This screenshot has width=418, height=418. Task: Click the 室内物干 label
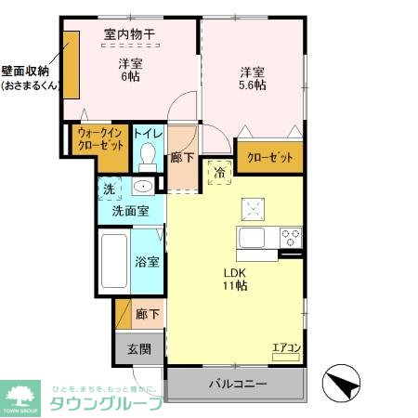(129, 35)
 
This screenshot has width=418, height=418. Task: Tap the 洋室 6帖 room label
(130, 72)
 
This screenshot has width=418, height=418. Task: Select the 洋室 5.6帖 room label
(252, 78)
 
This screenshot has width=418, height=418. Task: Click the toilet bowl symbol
(147, 159)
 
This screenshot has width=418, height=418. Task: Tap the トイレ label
(147, 135)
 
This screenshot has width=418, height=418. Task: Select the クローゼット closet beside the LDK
(269, 158)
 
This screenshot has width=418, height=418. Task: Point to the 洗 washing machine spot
(109, 189)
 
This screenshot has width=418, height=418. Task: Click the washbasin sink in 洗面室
(141, 188)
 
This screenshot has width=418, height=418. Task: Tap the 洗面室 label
(130, 211)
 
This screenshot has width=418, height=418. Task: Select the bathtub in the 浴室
(114, 262)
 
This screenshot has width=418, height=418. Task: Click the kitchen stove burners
(291, 234)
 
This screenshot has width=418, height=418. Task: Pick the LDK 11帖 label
(234, 279)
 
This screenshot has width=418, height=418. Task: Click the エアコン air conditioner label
(285, 349)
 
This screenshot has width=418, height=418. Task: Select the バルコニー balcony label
(237, 385)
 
